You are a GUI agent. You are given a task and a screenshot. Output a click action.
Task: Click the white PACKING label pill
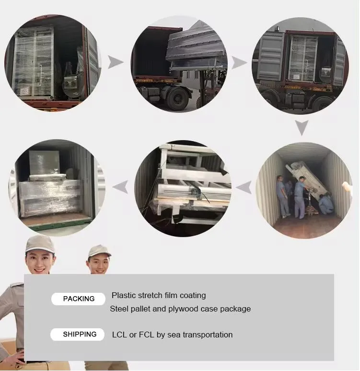point(78,299)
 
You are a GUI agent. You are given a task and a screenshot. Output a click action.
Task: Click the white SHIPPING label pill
point(77,335)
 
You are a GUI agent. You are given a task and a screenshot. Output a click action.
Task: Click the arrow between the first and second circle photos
point(116,62)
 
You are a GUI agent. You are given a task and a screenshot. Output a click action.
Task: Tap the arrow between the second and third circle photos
point(239,62)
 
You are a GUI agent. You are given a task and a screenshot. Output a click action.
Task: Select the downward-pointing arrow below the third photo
point(302,127)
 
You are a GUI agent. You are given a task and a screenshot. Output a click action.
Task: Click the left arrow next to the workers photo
point(244,187)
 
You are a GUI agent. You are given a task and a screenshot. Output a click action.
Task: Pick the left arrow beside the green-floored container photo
point(120,187)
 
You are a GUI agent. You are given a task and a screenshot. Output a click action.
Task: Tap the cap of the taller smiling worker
point(39,244)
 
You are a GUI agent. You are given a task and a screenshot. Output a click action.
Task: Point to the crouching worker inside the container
point(326,204)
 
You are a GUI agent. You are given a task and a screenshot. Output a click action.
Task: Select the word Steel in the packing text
point(119,309)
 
